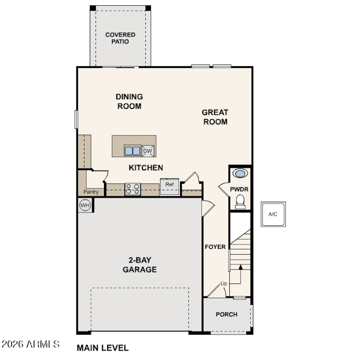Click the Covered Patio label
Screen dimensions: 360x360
click(x=120, y=38)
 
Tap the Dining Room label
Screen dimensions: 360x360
click(x=129, y=101)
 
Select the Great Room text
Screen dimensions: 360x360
click(x=215, y=117)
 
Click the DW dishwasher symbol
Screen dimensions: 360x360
click(x=148, y=151)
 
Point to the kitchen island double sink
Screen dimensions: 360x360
click(x=132, y=151)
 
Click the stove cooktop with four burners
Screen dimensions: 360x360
click(x=133, y=189)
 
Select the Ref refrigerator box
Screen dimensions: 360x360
click(x=170, y=186)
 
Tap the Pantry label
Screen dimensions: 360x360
click(x=91, y=192)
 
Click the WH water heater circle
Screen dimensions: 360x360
click(x=85, y=205)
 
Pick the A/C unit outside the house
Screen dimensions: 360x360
click(x=273, y=214)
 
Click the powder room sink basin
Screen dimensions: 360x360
click(x=240, y=173)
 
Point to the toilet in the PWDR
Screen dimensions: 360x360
click(x=240, y=202)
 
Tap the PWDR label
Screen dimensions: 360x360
click(x=239, y=189)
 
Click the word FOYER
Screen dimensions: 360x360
click(x=215, y=247)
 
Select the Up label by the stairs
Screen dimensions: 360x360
click(x=224, y=283)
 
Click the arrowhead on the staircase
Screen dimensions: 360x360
click(x=240, y=267)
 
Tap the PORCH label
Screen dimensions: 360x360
click(x=227, y=314)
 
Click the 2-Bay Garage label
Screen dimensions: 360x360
click(x=139, y=265)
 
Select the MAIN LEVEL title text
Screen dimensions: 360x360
click(x=103, y=348)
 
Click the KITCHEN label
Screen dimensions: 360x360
click(x=146, y=167)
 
